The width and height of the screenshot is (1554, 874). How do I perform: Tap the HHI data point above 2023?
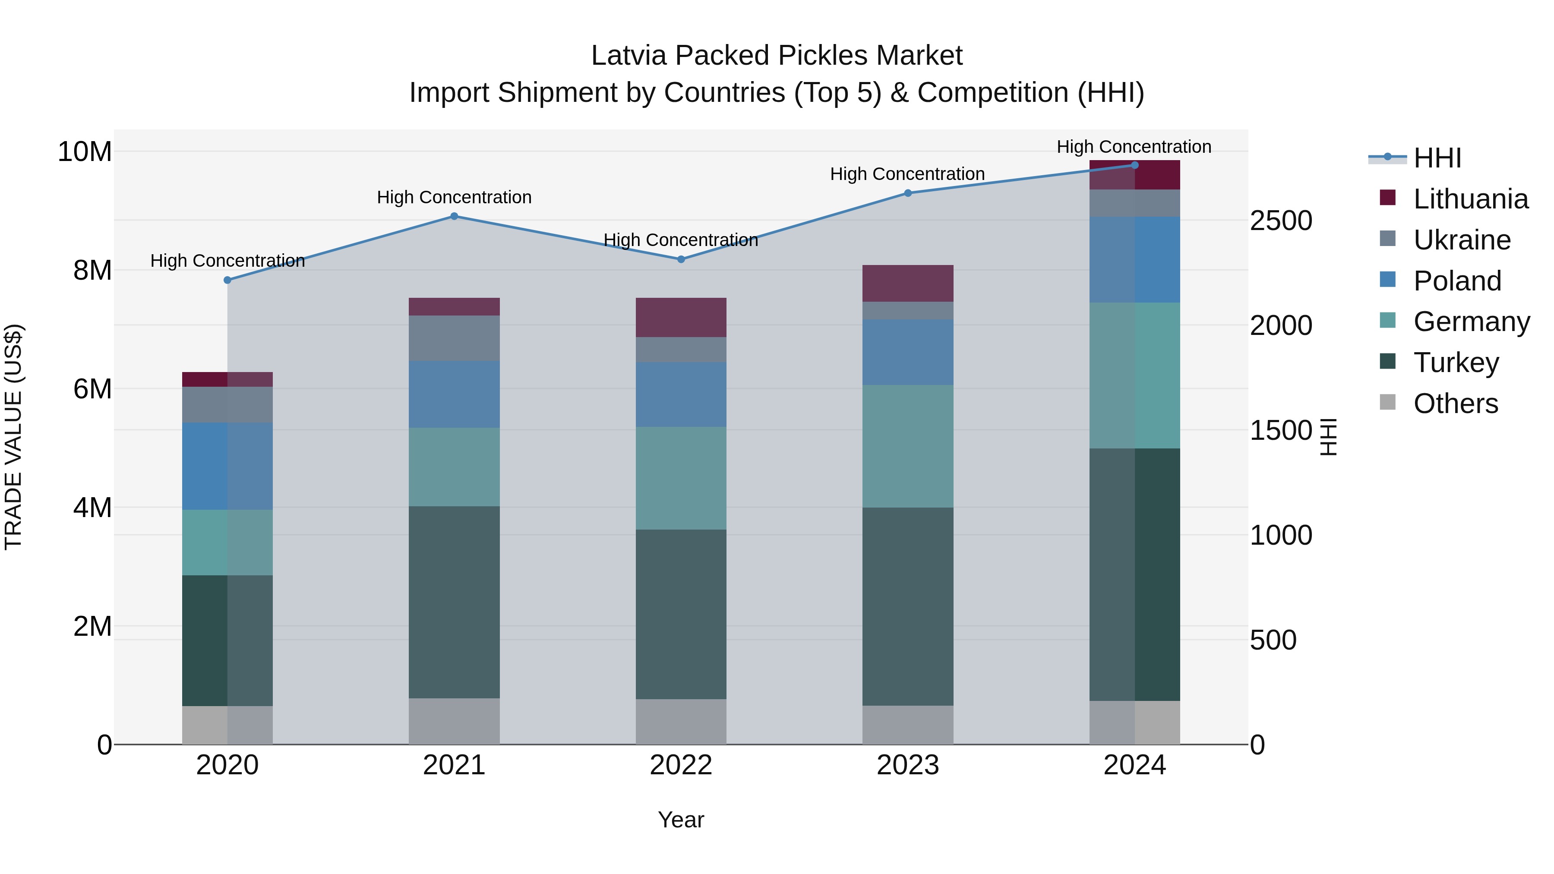click(x=908, y=193)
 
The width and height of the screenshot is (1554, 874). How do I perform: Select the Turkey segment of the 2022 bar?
click(x=681, y=614)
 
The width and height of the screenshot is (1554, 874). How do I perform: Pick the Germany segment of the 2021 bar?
click(x=454, y=467)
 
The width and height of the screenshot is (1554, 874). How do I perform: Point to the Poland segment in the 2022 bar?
click(x=681, y=394)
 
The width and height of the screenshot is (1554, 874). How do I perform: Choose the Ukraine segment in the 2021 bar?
click(x=454, y=338)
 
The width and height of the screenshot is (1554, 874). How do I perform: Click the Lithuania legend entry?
click(x=1470, y=199)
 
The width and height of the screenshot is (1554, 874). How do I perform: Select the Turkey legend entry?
click(x=1456, y=363)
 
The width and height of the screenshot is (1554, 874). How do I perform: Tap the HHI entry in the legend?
click(x=1437, y=158)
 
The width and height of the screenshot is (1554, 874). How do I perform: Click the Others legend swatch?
click(x=1387, y=402)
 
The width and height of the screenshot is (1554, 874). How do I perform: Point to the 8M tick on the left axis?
click(x=92, y=270)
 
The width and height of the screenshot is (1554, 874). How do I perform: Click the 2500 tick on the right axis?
click(x=1281, y=221)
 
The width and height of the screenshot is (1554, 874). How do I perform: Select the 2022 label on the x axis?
click(x=681, y=765)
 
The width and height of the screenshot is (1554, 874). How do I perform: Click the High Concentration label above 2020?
click(x=227, y=261)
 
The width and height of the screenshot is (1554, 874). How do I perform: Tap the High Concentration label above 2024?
click(x=1134, y=147)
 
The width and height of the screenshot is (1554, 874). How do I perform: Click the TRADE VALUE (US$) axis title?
click(x=13, y=437)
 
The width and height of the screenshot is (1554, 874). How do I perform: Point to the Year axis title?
click(x=681, y=820)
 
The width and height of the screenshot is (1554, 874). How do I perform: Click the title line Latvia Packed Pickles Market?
click(x=777, y=56)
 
